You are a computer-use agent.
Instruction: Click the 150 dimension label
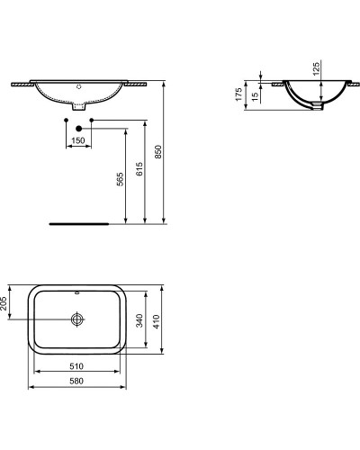[78, 141]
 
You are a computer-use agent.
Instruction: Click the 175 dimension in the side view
[239, 95]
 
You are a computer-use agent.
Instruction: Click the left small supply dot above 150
[67, 119]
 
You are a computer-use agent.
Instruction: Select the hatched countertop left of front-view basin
[22, 82]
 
